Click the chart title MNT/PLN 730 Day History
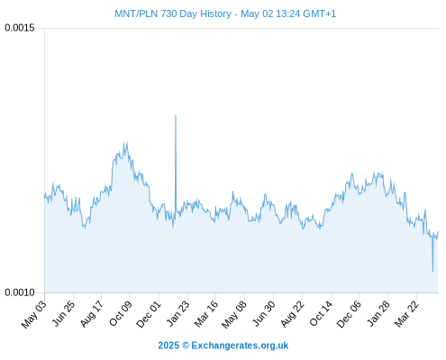click(x=173, y=13)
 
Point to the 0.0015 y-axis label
click(x=20, y=28)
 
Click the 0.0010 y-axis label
click(x=20, y=292)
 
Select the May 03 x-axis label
click(x=34, y=314)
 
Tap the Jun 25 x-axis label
click(x=63, y=313)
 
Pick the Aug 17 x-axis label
click(x=92, y=313)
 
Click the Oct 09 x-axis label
click(x=121, y=313)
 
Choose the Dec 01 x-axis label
click(x=149, y=314)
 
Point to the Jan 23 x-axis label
click(x=178, y=313)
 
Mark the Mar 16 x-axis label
click(x=206, y=314)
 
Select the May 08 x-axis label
click(x=234, y=314)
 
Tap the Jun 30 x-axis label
click(x=264, y=313)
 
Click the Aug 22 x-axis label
click(x=293, y=314)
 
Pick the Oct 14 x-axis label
click(x=322, y=313)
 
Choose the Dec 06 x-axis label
click(x=349, y=314)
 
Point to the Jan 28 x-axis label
click(x=378, y=313)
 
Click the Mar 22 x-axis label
click(x=406, y=314)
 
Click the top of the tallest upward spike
click(x=176, y=115)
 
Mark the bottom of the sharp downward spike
click(x=432, y=272)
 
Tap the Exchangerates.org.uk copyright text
click(x=223, y=346)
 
